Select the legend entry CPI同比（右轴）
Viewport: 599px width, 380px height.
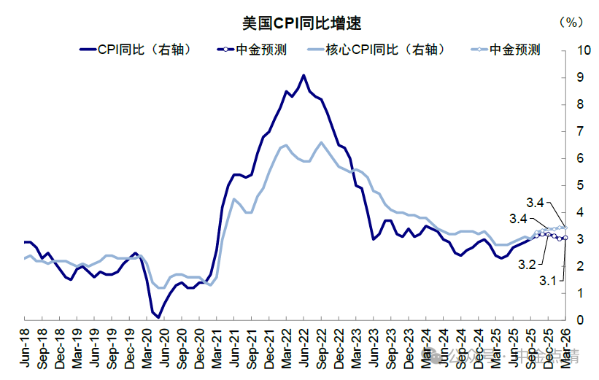point(135,50)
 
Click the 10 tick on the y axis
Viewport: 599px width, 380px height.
point(583,50)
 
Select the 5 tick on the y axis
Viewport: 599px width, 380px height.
point(580,185)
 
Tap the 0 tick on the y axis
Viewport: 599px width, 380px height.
point(580,320)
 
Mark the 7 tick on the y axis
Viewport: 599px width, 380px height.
point(580,131)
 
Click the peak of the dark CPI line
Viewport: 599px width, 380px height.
point(304,75)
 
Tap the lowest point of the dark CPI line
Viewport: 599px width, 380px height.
point(158,317)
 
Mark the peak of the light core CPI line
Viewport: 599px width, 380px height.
point(321,142)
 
